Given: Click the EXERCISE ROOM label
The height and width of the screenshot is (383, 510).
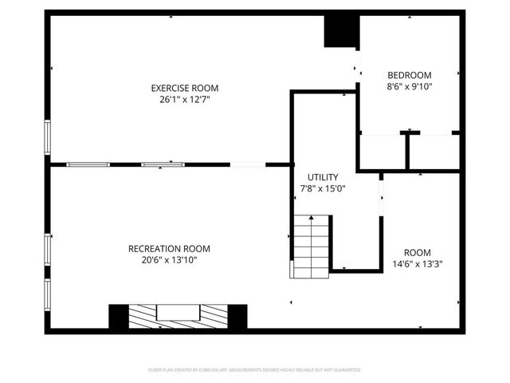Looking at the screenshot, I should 185,88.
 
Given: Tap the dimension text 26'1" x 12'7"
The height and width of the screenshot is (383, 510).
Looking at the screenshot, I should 185,100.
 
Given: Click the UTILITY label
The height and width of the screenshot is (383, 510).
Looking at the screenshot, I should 323,177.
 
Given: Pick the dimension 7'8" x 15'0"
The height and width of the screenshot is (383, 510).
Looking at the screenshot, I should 323,189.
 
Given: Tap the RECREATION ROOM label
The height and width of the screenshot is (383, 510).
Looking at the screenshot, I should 169,248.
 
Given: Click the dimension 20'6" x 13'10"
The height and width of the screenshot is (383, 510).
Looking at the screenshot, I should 169,260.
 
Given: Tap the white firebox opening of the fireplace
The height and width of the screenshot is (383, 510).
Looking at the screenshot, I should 178,312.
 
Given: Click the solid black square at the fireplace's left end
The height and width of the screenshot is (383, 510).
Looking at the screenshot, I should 118,316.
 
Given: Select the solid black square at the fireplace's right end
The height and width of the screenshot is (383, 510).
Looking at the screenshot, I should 237,316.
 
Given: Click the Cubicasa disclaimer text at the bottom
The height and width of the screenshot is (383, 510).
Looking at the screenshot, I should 255,370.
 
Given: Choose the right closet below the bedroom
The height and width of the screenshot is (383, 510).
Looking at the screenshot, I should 434,152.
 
